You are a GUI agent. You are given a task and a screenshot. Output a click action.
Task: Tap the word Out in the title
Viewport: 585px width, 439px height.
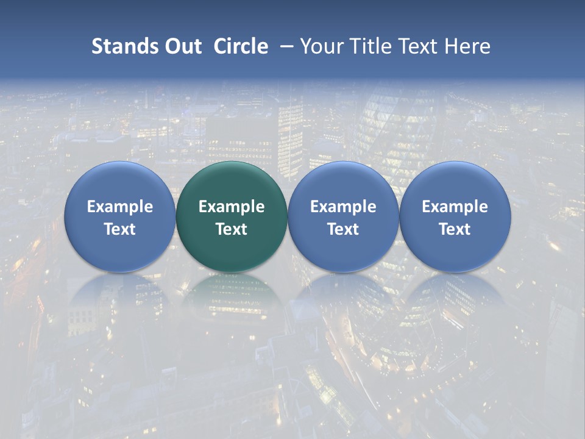182,46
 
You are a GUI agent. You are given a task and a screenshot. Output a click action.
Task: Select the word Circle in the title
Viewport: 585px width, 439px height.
241,46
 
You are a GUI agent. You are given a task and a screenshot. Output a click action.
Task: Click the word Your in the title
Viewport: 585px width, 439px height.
321,46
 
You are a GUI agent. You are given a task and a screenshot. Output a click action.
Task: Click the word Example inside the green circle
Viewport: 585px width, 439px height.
232,207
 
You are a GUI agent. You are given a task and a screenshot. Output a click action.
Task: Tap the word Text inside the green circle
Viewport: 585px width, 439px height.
232,229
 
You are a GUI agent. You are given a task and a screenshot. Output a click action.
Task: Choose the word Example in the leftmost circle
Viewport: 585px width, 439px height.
120,207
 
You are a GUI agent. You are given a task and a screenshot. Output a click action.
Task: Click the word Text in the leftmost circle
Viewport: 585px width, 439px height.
120,229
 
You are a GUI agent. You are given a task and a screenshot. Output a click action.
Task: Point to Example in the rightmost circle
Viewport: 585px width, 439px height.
455,207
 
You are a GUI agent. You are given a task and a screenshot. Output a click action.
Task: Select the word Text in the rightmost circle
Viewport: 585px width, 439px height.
455,229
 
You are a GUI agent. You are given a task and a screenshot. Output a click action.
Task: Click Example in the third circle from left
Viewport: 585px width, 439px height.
343,207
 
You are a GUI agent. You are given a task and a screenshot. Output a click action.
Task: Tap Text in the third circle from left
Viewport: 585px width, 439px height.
343,229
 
